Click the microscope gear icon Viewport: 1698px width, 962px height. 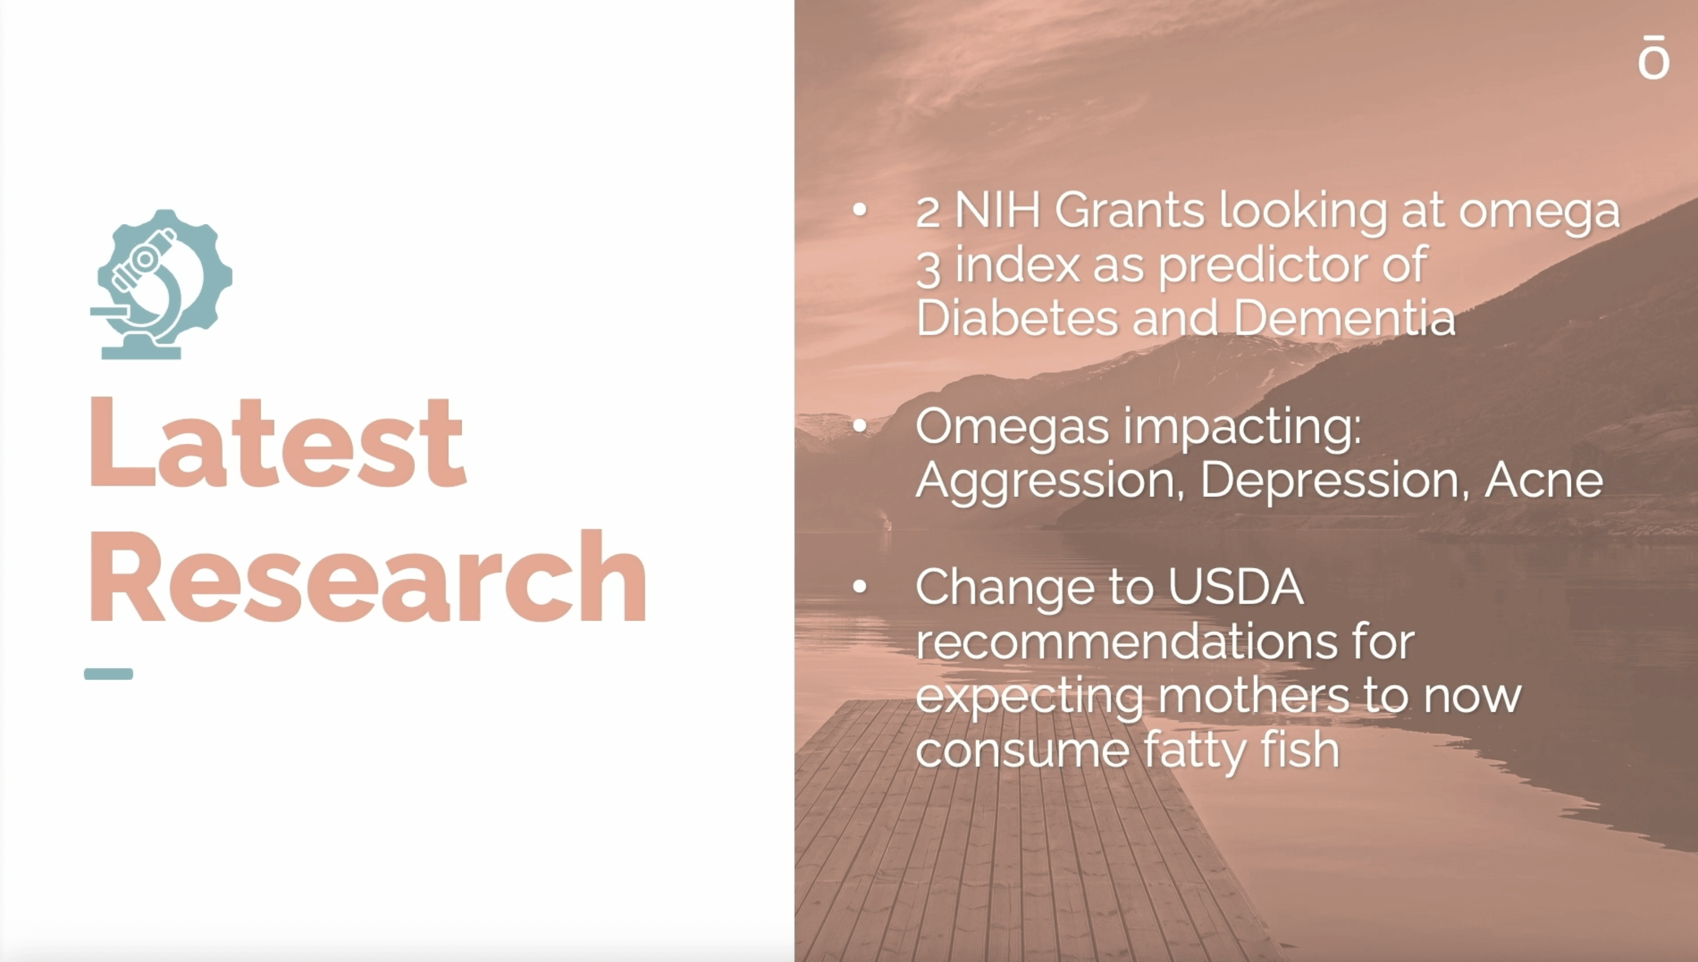click(161, 284)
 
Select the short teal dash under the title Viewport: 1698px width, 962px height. click(108, 674)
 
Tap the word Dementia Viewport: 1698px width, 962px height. click(1344, 318)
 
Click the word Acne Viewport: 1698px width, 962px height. click(1544, 480)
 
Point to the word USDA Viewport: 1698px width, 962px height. click(1235, 586)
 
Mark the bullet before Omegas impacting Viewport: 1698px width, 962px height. click(859, 426)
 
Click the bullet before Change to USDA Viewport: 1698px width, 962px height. click(859, 586)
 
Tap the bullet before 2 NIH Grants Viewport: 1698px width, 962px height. click(859, 210)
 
